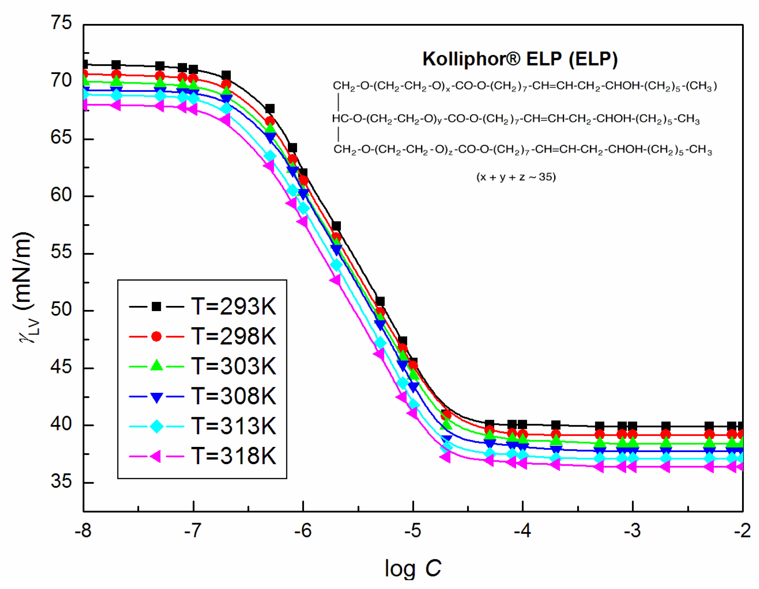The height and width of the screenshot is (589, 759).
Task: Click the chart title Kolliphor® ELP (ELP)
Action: pyautogui.click(x=519, y=59)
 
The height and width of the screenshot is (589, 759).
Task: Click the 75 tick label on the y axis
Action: pyautogui.click(x=61, y=23)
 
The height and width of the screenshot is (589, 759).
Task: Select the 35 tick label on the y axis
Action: pyautogui.click(x=61, y=482)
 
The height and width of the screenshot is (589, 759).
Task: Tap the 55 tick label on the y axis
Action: pyautogui.click(x=61, y=253)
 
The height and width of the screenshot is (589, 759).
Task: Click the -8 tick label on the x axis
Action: pyautogui.click(x=83, y=531)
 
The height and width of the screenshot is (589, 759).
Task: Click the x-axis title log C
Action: pyautogui.click(x=412, y=568)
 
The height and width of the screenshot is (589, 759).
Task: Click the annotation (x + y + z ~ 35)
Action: pyautogui.click(x=516, y=177)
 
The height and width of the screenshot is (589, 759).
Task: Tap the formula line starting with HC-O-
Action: pyautogui.click(x=515, y=119)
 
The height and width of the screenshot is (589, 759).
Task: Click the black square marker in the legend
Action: pyautogui.click(x=156, y=306)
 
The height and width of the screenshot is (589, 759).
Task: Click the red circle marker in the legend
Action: pyautogui.click(x=156, y=336)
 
